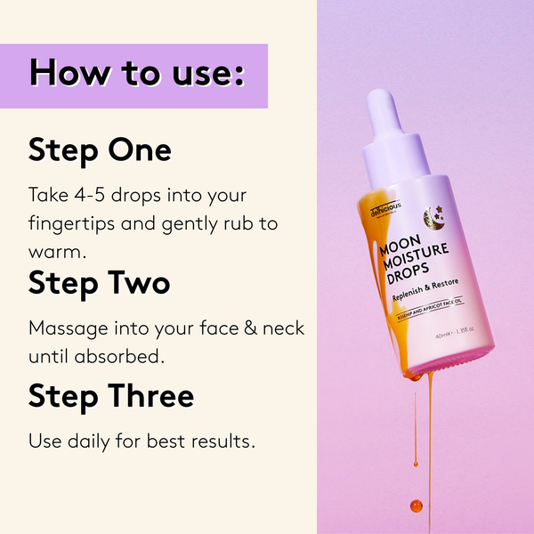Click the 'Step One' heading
pyautogui.click(x=100, y=150)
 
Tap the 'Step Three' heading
pyautogui.click(x=110, y=395)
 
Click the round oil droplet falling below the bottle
pyautogui.click(x=415, y=506)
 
